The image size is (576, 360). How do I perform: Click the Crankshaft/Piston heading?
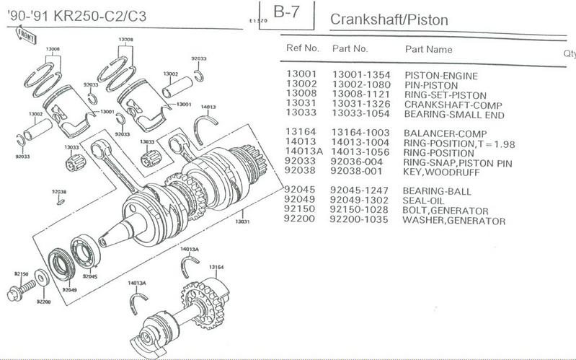(389, 19)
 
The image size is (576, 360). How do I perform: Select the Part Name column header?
(428, 50)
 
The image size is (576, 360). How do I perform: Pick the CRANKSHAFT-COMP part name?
(445, 105)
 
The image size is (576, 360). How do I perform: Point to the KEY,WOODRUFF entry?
(440, 172)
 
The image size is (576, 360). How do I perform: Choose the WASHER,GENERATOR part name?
(453, 221)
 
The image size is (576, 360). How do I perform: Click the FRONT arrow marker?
(23, 32)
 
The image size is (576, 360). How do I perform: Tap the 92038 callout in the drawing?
(58, 191)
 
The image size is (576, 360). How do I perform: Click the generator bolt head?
(14, 294)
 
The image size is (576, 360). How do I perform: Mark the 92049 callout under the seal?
(68, 289)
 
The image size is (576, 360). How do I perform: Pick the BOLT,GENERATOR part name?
(446, 211)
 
